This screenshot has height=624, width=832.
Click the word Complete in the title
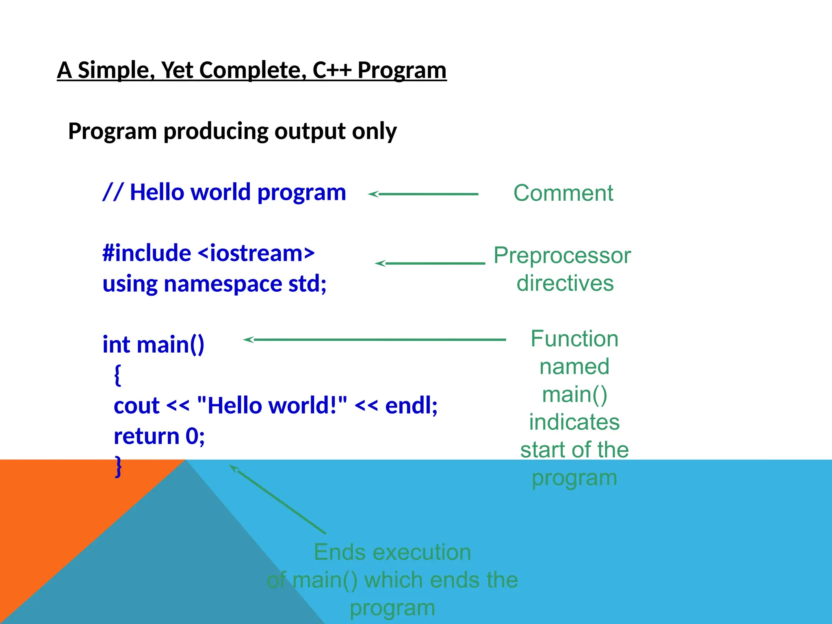pos(252,70)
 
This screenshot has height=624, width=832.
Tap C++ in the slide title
pos(331,70)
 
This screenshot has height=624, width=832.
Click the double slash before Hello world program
pos(113,192)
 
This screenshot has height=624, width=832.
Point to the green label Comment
pos(563,193)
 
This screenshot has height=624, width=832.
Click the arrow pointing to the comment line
pos(423,194)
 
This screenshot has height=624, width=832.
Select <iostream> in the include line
pos(256,253)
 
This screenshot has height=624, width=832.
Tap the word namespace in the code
pos(223,284)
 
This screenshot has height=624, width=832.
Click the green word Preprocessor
pos(562,256)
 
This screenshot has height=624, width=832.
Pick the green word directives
pos(565,283)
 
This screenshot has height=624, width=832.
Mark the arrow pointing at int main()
pos(374,340)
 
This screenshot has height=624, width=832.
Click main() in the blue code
pos(170,344)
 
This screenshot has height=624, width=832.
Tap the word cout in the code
pos(136,405)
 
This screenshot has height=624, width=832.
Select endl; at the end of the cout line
pos(411,405)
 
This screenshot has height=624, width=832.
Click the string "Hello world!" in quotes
pos(272,405)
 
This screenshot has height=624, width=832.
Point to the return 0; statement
pos(159,436)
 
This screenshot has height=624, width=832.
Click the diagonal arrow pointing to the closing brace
pos(278,499)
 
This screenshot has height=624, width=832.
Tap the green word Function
pos(574,339)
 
